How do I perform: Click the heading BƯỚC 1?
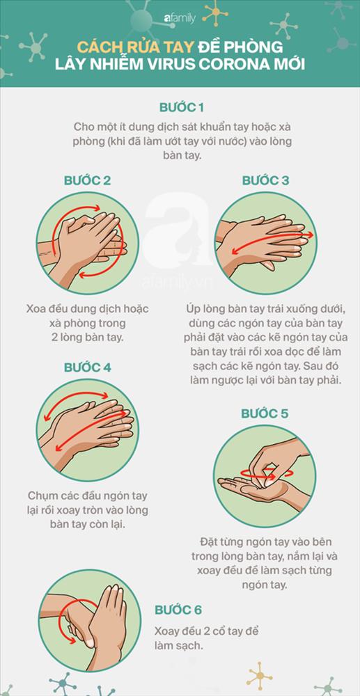[x=180, y=108]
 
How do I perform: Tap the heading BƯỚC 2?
[x=87, y=181]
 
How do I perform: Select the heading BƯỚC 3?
[x=265, y=181]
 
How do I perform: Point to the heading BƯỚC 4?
[x=87, y=367]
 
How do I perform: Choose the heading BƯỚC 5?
[x=265, y=413]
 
